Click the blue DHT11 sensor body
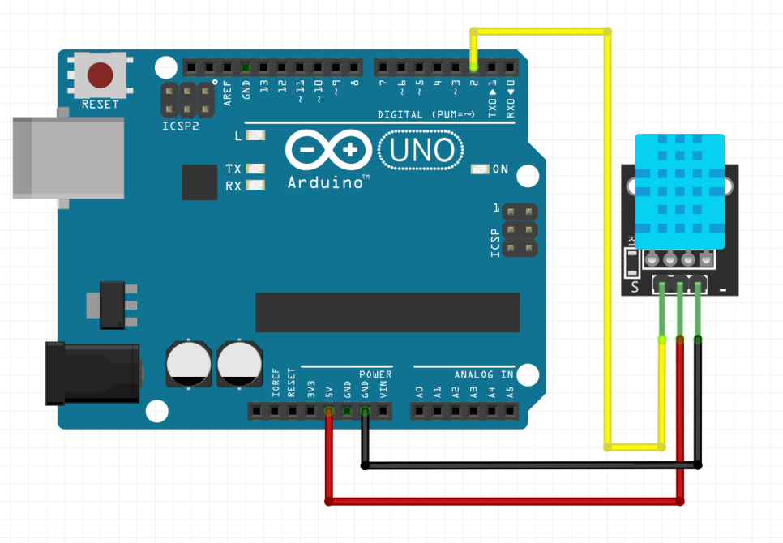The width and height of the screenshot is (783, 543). [x=679, y=191]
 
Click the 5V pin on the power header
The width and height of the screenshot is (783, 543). [x=328, y=413]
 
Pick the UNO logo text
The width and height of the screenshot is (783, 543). [x=421, y=151]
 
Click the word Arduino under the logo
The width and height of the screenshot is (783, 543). [x=324, y=183]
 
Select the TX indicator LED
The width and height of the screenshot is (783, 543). [x=256, y=169]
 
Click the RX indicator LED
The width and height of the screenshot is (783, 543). [x=256, y=186]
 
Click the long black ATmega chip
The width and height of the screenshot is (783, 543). [x=387, y=312]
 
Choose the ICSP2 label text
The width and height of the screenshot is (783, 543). [x=179, y=127]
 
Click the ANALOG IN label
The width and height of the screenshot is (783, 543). [x=484, y=374]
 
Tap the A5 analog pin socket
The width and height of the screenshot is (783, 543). [x=509, y=413]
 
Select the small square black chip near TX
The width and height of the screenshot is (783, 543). [x=200, y=182]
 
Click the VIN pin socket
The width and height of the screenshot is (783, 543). [x=383, y=413]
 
